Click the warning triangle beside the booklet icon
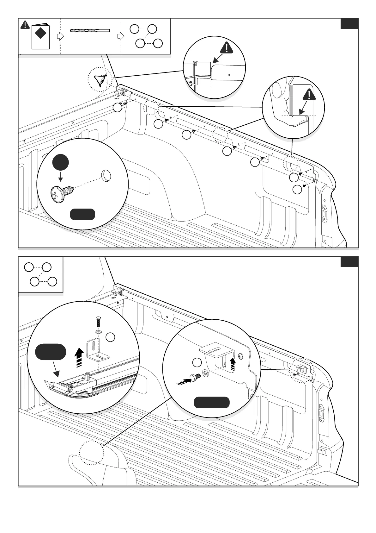25,25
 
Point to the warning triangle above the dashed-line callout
226,48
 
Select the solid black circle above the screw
61,162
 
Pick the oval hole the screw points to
106,175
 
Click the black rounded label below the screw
82,214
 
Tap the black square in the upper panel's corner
349,24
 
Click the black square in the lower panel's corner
349,262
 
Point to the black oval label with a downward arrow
51,352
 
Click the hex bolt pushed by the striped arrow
193,377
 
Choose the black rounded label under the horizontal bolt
211,402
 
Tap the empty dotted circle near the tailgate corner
92,453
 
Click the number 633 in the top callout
190,82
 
